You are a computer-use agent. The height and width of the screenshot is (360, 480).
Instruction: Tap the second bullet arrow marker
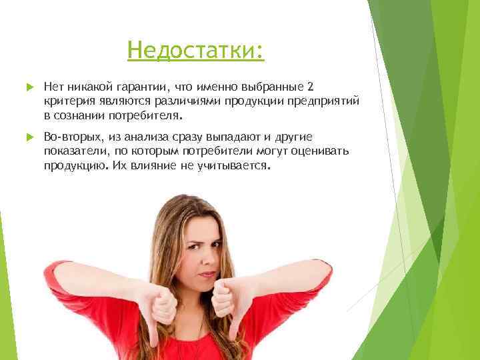pos(29,137)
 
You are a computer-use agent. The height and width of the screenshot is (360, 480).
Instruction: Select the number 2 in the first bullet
pos(308,87)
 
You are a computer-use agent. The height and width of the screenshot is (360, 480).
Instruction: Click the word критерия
pos(67,101)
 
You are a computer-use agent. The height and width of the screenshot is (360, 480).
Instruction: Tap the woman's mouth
pos(207,274)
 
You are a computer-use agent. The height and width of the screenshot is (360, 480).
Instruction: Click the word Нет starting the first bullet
pos(52,87)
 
